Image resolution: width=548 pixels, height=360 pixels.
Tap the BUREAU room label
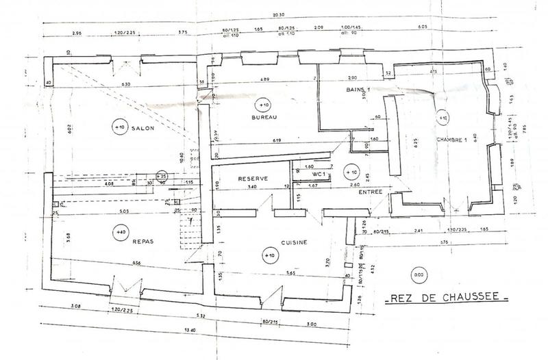(x=264, y=118)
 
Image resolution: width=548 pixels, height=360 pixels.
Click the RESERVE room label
(x=251, y=179)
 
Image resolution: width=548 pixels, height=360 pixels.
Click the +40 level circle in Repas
(x=121, y=233)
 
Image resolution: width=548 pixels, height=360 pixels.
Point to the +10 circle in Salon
(x=119, y=127)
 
